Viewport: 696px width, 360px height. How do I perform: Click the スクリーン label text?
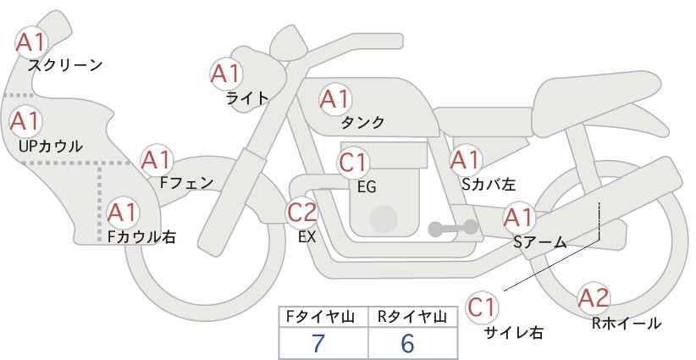pyautogui.click(x=65, y=66)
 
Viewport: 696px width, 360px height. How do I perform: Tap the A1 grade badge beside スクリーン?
pyautogui.click(x=31, y=42)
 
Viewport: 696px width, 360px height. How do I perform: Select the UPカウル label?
pyautogui.click(x=51, y=146)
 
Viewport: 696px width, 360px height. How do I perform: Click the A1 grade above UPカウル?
pyautogui.click(x=25, y=121)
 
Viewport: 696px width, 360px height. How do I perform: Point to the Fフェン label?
pyautogui.click(x=186, y=183)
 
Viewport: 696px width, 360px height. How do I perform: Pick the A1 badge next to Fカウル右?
pyautogui.click(x=123, y=213)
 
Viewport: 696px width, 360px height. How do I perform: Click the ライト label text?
pyautogui.click(x=247, y=97)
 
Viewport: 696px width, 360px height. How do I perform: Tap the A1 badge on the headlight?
pyautogui.click(x=226, y=74)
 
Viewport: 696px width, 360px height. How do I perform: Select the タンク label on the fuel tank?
pyautogui.click(x=362, y=122)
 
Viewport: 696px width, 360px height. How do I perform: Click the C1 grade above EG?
pyautogui.click(x=353, y=163)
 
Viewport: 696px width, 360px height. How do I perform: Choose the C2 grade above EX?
pyautogui.click(x=302, y=212)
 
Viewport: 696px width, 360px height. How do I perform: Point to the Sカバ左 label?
pyautogui.click(x=489, y=184)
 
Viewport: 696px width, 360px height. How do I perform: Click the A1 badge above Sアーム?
pyautogui.click(x=518, y=218)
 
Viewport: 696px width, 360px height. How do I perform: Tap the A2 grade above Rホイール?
pyautogui.click(x=594, y=298)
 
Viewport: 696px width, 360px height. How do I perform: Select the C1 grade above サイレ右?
pyautogui.click(x=482, y=307)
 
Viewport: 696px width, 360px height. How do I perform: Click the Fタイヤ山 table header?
pyautogui.click(x=320, y=317)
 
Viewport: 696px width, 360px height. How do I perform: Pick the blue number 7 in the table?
pyautogui.click(x=318, y=343)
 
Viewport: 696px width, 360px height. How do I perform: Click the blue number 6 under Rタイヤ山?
pyautogui.click(x=407, y=343)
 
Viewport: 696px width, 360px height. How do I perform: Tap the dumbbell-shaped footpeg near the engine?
pyautogui.click(x=453, y=228)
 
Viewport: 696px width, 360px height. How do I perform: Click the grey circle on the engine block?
pyautogui.click(x=384, y=219)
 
